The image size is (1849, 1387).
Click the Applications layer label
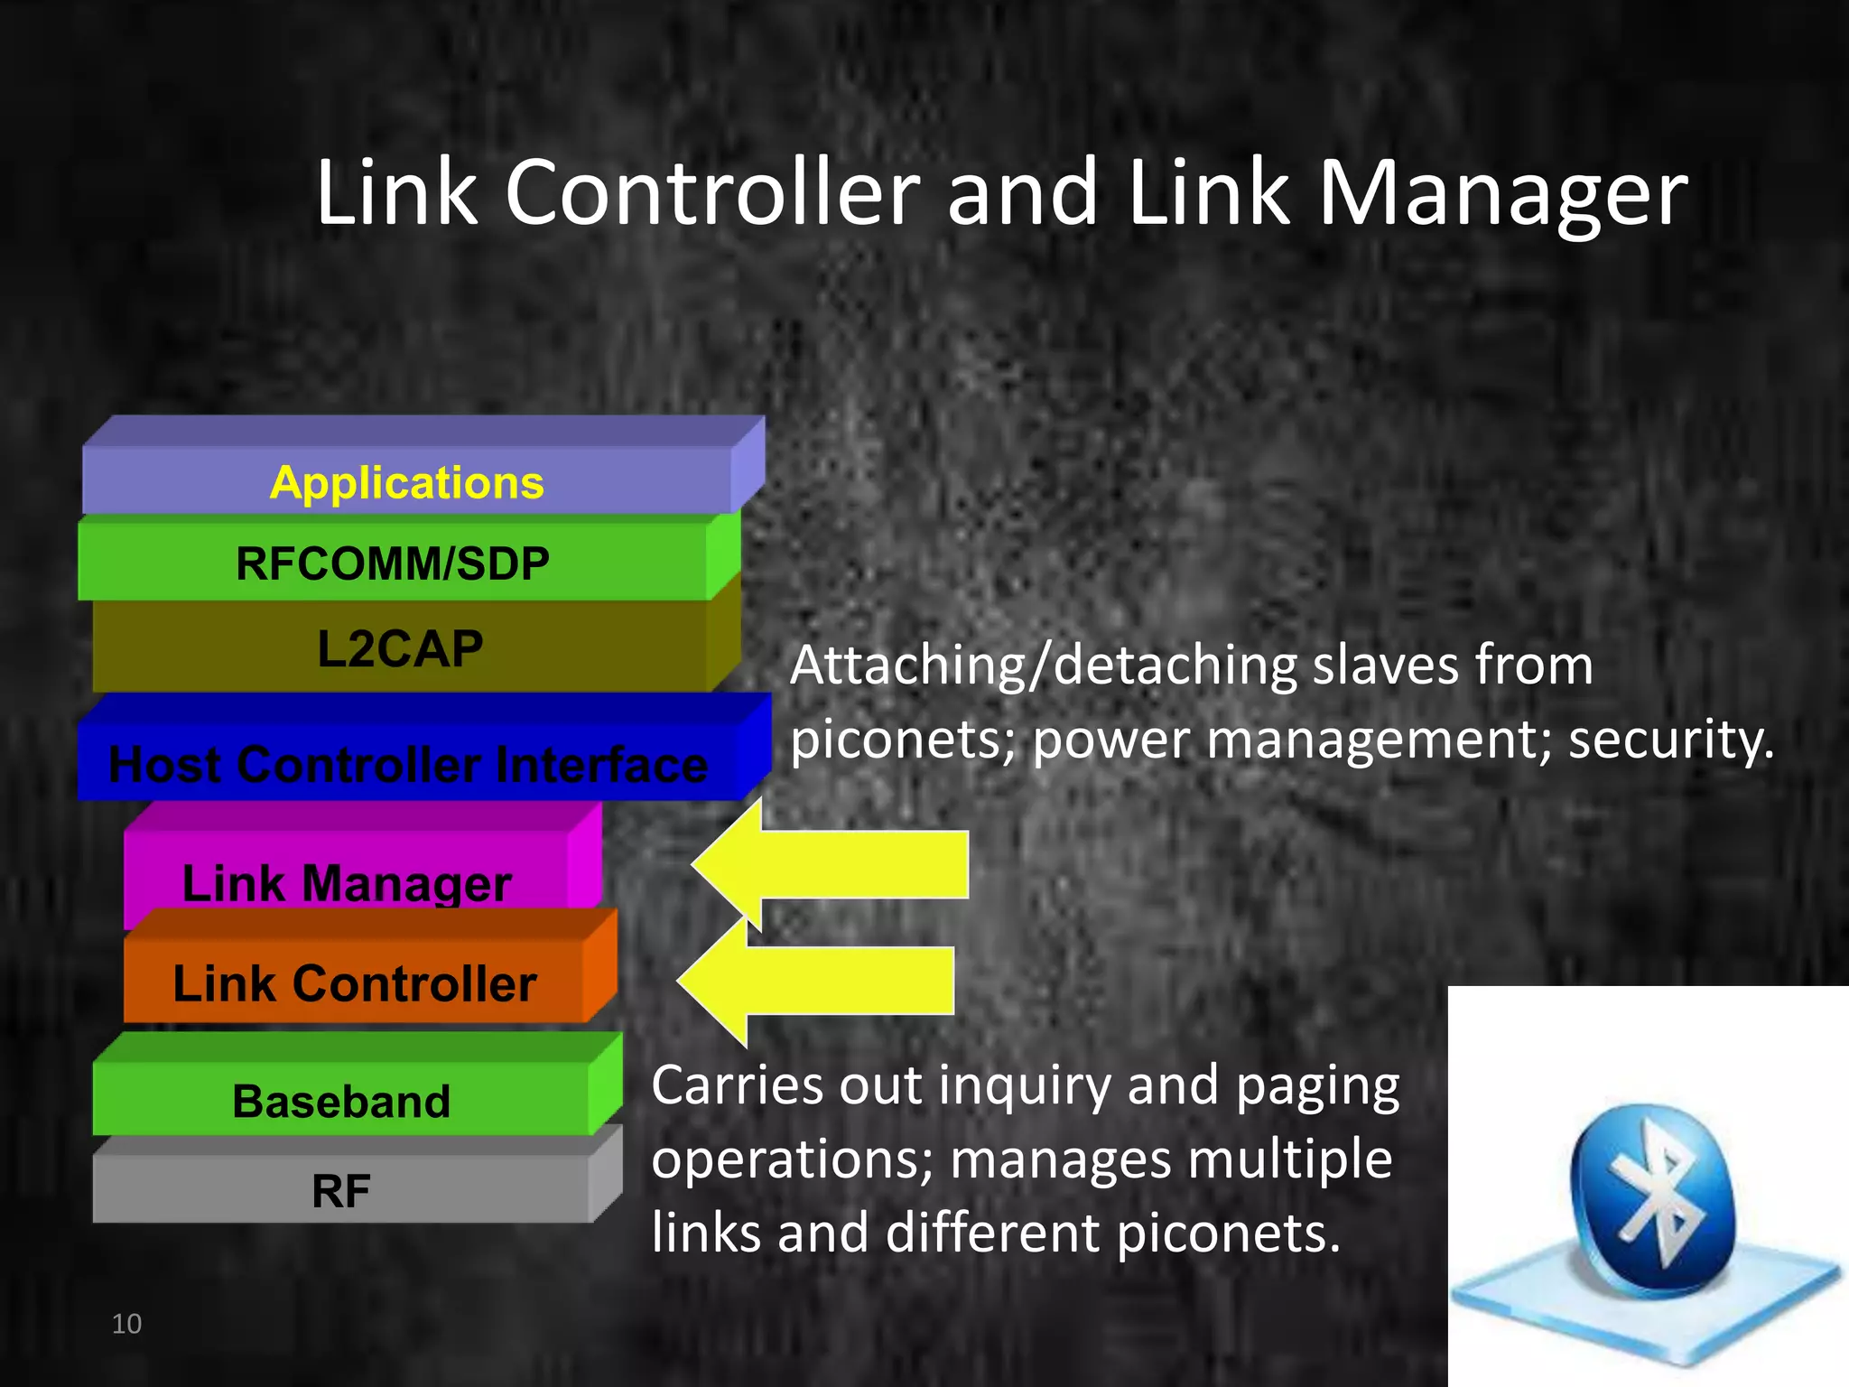click(406, 482)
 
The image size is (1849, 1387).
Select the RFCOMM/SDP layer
click(393, 563)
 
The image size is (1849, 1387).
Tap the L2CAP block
click(400, 648)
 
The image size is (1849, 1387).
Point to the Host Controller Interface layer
click(408, 764)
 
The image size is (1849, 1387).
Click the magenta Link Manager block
click(348, 881)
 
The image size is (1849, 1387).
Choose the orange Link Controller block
click(355, 982)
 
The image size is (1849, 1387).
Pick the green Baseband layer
click(341, 1101)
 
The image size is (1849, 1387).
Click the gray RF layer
click(341, 1190)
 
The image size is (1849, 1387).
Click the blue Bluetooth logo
click(1652, 1201)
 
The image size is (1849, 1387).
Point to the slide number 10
click(126, 1324)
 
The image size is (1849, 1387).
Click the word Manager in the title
click(1502, 192)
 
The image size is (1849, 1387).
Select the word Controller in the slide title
click(711, 192)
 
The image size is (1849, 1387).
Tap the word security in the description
click(1670, 740)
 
